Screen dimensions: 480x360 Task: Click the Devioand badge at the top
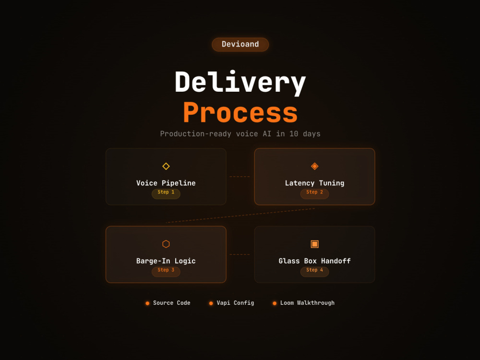240,44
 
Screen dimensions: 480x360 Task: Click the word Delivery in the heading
240,82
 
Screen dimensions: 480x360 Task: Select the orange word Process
240,112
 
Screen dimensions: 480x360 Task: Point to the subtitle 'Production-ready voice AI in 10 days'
240,134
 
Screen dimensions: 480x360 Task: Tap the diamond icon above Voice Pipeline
166,166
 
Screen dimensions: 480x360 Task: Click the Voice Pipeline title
166,183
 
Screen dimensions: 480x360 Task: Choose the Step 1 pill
166,193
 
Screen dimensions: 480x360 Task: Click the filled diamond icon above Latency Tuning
315,166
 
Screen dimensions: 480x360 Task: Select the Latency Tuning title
315,183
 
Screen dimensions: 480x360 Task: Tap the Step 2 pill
315,193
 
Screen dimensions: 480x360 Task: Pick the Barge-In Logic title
166,261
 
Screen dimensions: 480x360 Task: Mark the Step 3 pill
166,271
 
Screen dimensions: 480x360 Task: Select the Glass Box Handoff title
315,261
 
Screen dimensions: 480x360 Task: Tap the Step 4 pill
315,271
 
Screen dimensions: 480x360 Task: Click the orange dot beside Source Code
147,303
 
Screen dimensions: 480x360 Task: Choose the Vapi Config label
235,303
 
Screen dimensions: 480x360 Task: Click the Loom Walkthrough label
307,303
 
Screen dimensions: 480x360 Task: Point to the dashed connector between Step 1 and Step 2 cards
240,177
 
